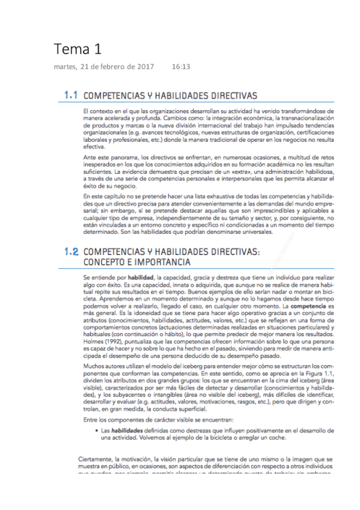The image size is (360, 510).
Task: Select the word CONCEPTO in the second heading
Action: click(x=107, y=263)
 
